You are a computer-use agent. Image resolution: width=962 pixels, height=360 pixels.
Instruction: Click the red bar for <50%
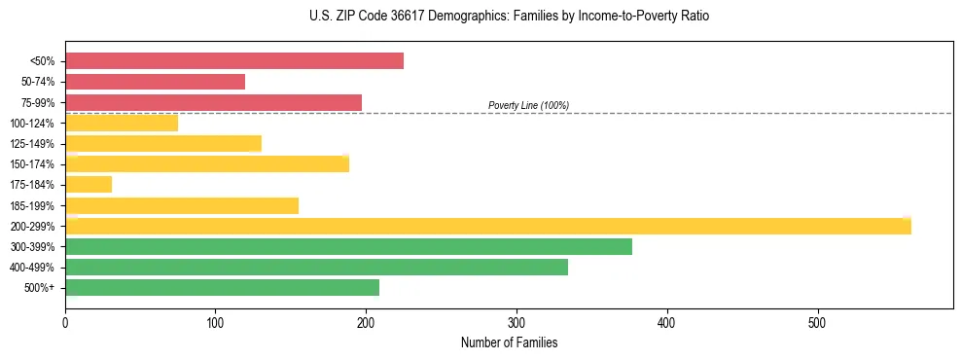233,61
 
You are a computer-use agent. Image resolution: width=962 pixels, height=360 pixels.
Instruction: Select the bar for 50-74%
155,82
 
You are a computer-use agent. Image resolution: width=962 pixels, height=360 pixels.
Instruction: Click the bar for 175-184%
89,184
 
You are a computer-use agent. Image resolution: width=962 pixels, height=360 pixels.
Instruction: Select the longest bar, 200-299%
487,226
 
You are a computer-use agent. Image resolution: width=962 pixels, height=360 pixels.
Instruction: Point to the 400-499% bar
316,267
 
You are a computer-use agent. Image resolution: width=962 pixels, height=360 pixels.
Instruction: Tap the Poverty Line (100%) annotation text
528,105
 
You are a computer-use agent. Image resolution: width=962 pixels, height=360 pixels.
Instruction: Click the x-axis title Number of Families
509,342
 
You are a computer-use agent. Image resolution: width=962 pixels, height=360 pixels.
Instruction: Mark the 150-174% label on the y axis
32,164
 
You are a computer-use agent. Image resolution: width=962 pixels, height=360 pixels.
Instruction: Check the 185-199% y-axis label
32,205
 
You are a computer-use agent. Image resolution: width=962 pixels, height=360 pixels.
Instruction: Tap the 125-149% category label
32,144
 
